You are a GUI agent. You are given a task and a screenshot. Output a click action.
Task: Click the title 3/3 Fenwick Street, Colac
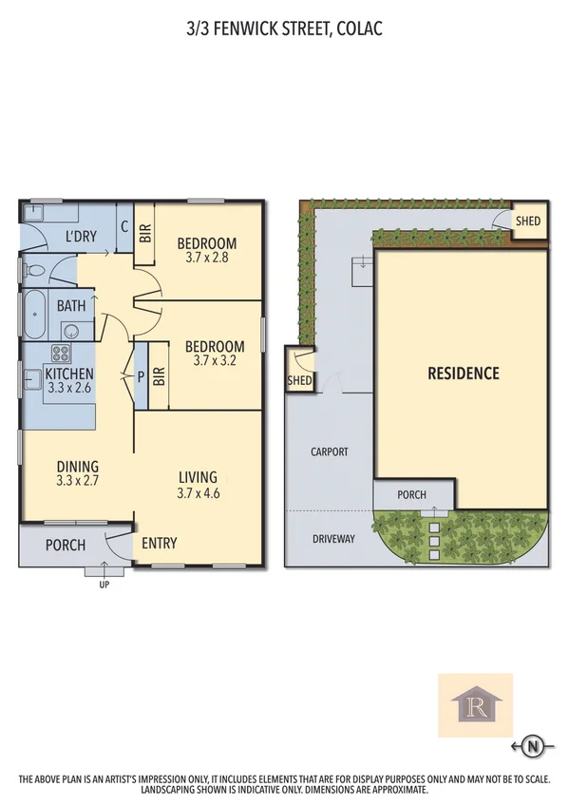click(x=285, y=30)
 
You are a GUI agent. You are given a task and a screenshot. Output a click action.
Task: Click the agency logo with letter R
click(x=474, y=705)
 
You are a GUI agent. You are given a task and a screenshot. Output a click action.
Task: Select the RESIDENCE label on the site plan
click(x=463, y=374)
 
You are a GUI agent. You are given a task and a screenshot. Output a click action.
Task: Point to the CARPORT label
click(x=330, y=452)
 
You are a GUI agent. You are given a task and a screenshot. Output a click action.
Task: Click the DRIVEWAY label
click(x=332, y=539)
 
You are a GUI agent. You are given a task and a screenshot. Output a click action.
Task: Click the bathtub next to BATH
click(x=32, y=315)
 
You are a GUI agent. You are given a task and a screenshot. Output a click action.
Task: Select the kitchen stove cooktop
click(x=62, y=355)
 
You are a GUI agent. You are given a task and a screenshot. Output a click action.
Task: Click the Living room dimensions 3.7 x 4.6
click(x=198, y=493)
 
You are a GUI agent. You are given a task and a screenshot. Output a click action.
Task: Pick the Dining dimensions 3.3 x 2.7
click(x=78, y=481)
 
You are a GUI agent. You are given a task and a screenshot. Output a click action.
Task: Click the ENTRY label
click(x=159, y=544)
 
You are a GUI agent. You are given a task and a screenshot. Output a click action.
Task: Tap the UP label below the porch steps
click(x=104, y=585)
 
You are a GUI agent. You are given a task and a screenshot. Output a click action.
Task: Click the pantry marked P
click(x=142, y=375)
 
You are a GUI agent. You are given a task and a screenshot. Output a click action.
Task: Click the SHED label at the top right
click(x=528, y=221)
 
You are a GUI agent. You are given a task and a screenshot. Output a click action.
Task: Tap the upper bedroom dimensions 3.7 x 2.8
click(x=206, y=257)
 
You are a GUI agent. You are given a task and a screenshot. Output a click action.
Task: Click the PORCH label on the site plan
click(x=411, y=495)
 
